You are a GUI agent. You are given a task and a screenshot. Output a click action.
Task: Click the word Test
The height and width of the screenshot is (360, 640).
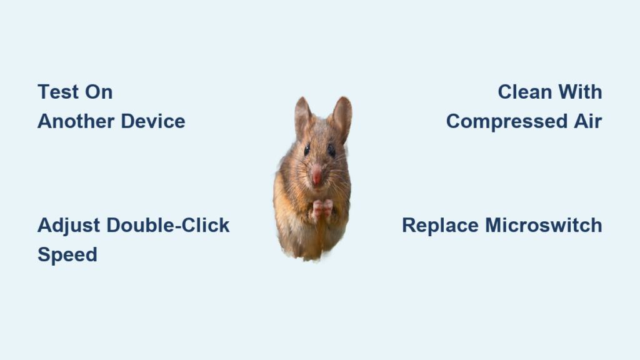[58, 92]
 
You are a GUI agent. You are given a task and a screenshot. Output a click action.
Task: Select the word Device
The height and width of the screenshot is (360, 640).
[153, 121]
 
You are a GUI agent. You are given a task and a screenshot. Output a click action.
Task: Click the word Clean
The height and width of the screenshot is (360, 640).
[525, 92]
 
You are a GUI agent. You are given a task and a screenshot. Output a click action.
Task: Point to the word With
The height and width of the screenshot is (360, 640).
[581, 92]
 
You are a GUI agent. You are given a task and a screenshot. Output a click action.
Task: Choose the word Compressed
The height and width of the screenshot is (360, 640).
[507, 122]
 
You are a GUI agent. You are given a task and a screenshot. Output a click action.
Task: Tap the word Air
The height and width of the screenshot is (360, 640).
[588, 121]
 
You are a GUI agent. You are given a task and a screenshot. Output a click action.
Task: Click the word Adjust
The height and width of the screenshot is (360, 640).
[69, 226]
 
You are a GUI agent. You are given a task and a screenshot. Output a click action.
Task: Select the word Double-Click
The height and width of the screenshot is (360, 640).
[167, 225]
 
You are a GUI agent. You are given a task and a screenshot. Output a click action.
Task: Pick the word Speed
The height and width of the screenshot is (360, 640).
[67, 255]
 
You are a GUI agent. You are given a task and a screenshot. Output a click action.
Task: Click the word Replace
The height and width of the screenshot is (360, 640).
[441, 226]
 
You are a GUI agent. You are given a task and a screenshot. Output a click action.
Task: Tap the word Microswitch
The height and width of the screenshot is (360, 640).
[544, 225]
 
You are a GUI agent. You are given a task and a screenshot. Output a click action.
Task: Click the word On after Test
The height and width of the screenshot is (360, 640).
[99, 92]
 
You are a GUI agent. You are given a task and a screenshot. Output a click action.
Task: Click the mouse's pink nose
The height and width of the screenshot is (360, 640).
[316, 175]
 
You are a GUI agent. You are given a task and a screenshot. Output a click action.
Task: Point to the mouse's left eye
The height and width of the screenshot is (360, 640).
[307, 149]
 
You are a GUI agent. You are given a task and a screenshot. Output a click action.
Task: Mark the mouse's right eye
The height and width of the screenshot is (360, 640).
[331, 151]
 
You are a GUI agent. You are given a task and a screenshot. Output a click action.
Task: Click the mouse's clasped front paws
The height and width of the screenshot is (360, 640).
[322, 209]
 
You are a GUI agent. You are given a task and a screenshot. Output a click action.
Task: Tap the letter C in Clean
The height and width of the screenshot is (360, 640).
[505, 92]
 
